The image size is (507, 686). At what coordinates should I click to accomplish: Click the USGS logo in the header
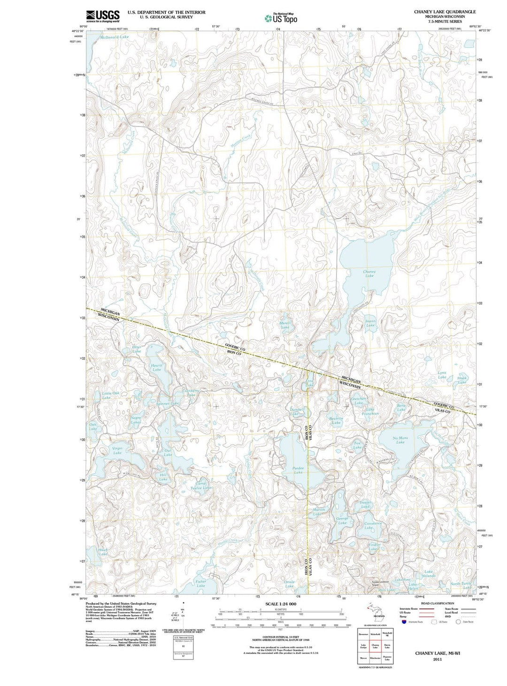pos(102,16)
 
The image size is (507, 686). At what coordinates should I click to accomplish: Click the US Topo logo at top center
pos(281,18)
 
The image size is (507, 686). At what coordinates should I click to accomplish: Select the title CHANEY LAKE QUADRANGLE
pos(445,12)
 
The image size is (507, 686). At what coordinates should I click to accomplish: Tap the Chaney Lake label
pos(369,274)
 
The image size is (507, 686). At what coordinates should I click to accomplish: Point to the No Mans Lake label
pos(400,440)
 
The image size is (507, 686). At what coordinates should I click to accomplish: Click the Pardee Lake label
pos(298,470)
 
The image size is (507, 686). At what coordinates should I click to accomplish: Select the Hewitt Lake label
pos(156,367)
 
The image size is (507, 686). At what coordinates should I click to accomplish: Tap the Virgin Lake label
pos(117,450)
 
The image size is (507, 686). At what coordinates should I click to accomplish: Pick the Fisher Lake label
pos(201,583)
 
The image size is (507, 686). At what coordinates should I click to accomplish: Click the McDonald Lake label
pos(114,37)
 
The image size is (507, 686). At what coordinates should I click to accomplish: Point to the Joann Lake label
pos(370,323)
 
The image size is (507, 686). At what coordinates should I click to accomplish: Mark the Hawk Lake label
pos(103,552)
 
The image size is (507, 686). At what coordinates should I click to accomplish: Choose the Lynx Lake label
pos(442,375)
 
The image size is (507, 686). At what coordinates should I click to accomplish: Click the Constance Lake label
pos(373,525)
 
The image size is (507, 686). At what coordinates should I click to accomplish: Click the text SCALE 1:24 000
pos(281,604)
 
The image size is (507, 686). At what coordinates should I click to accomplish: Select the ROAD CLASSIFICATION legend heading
pos(437,603)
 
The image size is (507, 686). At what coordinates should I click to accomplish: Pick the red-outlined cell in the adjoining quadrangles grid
pos(375,646)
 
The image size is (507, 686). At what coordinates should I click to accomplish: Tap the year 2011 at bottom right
pos(438,659)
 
